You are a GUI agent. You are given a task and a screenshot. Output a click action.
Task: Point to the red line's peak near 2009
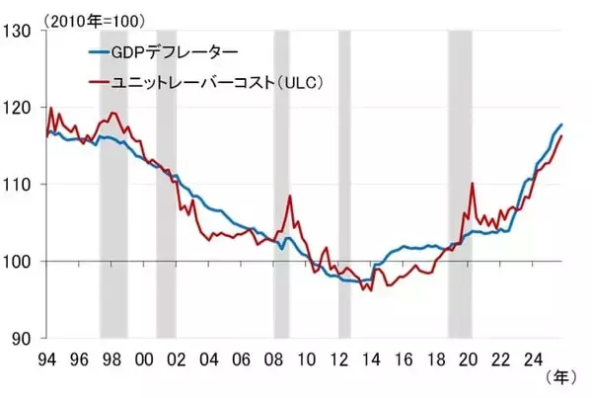290,196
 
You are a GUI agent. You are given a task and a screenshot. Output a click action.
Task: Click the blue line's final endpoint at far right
562,124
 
